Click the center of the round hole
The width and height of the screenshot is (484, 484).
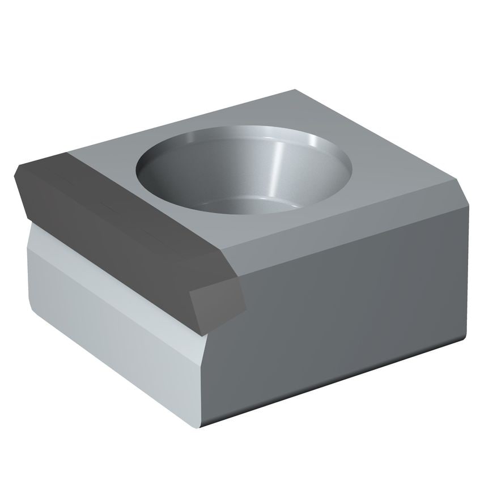[244, 170]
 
